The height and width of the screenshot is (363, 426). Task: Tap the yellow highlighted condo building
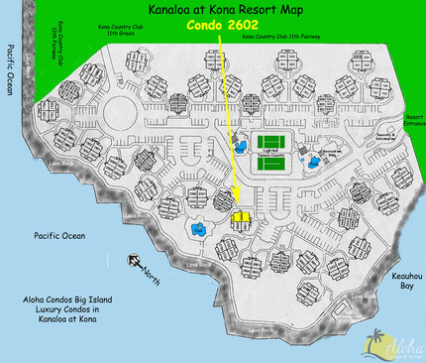(238, 215)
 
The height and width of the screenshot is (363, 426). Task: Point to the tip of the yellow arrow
(238, 207)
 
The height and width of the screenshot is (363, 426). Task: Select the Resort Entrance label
(412, 120)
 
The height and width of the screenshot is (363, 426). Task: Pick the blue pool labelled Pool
(199, 230)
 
